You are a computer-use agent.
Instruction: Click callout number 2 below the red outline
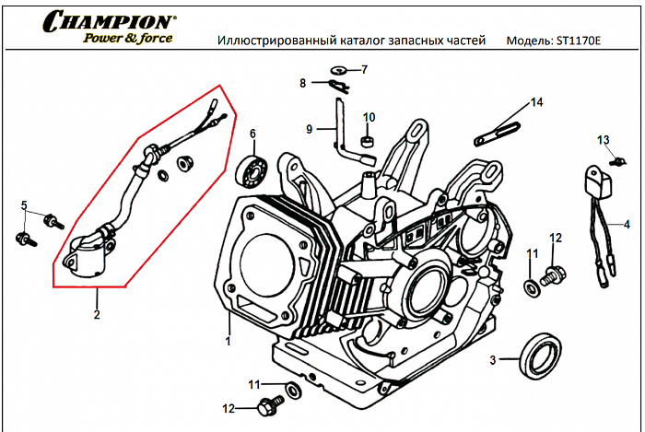[x=96, y=315]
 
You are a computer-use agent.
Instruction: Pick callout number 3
[x=493, y=359]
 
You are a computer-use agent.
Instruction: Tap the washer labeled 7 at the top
[x=339, y=71]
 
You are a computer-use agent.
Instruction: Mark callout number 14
[x=536, y=101]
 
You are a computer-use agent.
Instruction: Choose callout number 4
[x=627, y=224]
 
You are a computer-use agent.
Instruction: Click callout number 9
[x=310, y=128]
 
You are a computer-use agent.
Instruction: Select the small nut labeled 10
[x=368, y=143]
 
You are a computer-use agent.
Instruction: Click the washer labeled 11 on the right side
[x=532, y=287]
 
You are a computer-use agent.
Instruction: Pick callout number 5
[x=25, y=204]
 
